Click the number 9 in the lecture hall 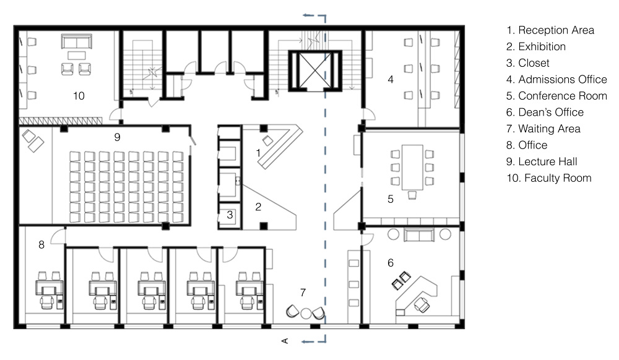(x=117, y=137)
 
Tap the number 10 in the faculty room (x=79, y=95)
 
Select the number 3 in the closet (x=230, y=215)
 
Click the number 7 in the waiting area (x=303, y=292)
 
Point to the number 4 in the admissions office (x=391, y=79)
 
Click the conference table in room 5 (x=412, y=167)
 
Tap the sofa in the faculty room (x=77, y=41)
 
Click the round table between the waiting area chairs (x=306, y=314)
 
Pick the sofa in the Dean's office (x=419, y=236)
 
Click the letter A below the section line (x=285, y=341)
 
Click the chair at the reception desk (x=268, y=140)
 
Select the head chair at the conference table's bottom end (x=412, y=195)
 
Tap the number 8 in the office (x=41, y=245)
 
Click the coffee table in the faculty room (x=77, y=55)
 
